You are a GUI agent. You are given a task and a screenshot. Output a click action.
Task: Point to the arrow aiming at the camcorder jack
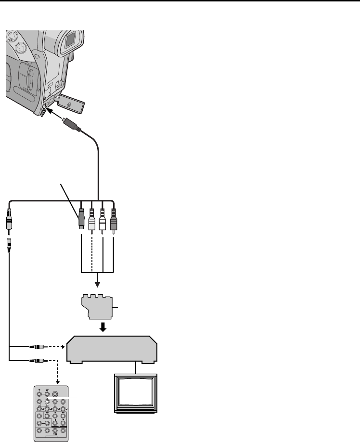(x=57, y=115)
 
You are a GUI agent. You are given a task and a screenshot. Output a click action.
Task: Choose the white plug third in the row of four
(x=103, y=219)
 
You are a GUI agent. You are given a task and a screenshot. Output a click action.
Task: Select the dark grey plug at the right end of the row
(x=114, y=219)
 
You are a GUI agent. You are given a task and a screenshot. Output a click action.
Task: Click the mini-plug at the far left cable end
(x=10, y=222)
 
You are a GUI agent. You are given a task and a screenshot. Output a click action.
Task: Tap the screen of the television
(x=135, y=392)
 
